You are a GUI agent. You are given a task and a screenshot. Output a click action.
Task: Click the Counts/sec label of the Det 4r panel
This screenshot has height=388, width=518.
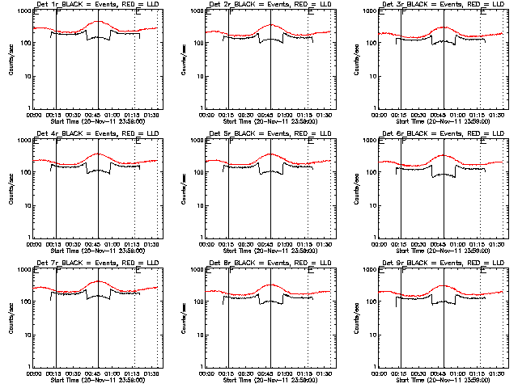11,190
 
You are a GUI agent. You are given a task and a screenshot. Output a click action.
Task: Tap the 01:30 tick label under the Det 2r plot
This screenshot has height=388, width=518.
325,115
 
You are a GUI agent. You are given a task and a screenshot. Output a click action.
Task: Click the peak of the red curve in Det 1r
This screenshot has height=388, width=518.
97,22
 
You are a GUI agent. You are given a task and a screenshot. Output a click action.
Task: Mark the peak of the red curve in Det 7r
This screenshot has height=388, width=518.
97,281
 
